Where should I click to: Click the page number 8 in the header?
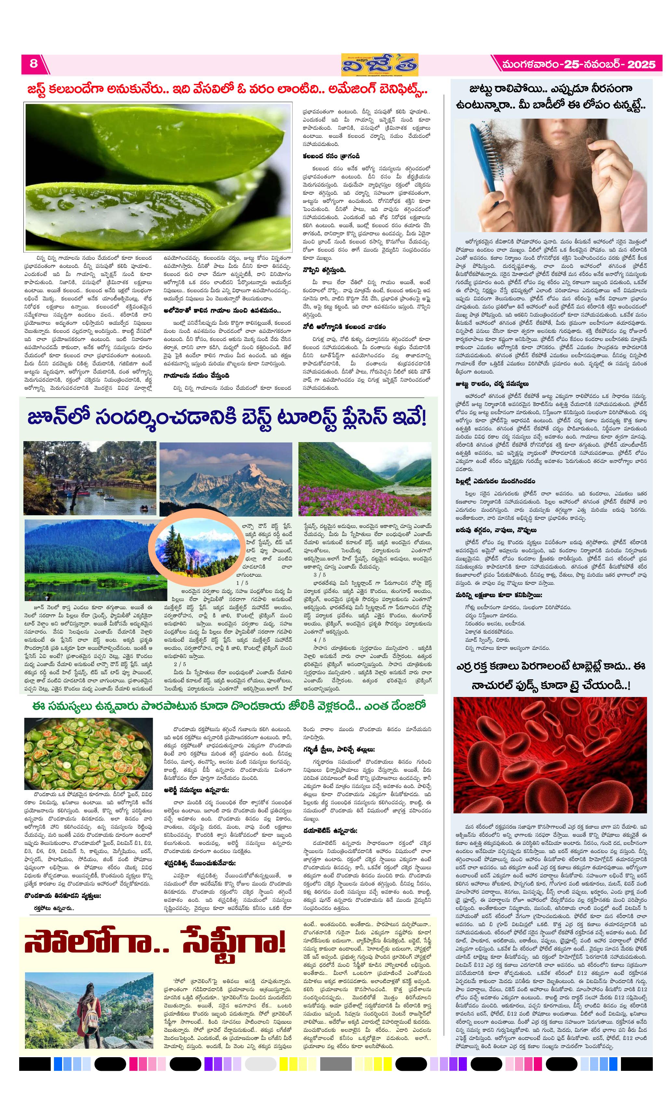(33, 64)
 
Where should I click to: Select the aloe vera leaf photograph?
(158, 177)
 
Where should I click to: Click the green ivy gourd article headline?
(229, 706)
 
